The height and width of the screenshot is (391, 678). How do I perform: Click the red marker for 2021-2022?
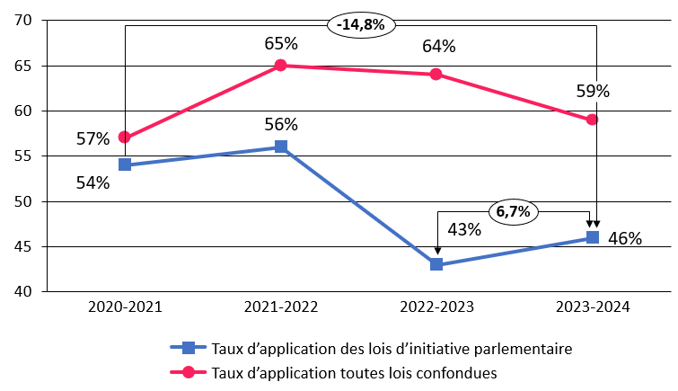[281, 66]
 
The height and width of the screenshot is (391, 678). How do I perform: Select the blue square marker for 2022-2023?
[436, 264]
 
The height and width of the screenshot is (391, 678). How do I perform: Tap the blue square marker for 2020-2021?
[125, 164]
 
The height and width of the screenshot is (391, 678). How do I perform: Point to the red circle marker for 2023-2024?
[593, 120]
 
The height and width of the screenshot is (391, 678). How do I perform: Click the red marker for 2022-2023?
[436, 75]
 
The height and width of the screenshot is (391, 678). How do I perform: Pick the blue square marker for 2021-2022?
[281, 147]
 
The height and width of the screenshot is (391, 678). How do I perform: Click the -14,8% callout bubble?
[361, 25]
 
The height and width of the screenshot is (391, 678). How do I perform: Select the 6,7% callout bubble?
[514, 212]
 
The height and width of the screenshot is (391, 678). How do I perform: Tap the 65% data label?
[281, 43]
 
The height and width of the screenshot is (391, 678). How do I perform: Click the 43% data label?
[464, 230]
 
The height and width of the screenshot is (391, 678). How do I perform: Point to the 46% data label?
[625, 239]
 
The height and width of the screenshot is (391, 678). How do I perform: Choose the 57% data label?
[92, 138]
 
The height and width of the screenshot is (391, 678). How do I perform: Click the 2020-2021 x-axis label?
[125, 307]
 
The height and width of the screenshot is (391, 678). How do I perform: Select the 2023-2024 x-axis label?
[593, 307]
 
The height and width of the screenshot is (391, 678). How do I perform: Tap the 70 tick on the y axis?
[24, 21]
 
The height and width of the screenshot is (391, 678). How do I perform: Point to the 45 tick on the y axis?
[24, 247]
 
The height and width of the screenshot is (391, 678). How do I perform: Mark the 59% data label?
[593, 91]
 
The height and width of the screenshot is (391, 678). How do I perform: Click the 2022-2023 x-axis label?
[436, 307]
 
